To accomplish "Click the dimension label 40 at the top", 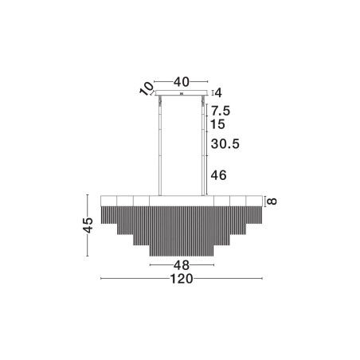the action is click(x=182, y=82).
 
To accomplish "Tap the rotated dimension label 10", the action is click(x=147, y=88).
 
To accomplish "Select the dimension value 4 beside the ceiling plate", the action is click(x=218, y=92).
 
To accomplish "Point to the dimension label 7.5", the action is click(x=221, y=111).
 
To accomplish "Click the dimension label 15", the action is click(x=218, y=124).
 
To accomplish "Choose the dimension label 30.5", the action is click(x=225, y=143).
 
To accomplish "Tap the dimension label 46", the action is click(x=218, y=175).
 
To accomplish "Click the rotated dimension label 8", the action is click(x=272, y=202).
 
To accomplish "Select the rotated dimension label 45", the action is click(x=88, y=225).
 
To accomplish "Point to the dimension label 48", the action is click(x=182, y=265).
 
